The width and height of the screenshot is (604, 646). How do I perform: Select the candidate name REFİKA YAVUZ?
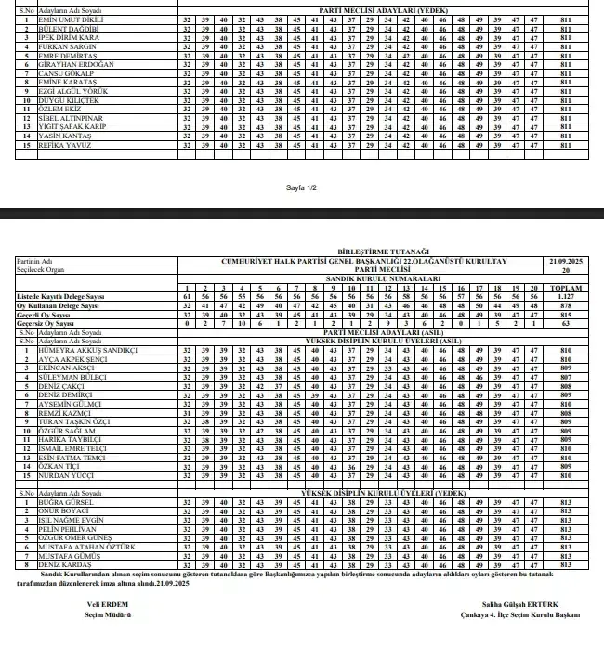65,145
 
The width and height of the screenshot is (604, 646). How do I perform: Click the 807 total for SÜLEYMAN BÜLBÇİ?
566,379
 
